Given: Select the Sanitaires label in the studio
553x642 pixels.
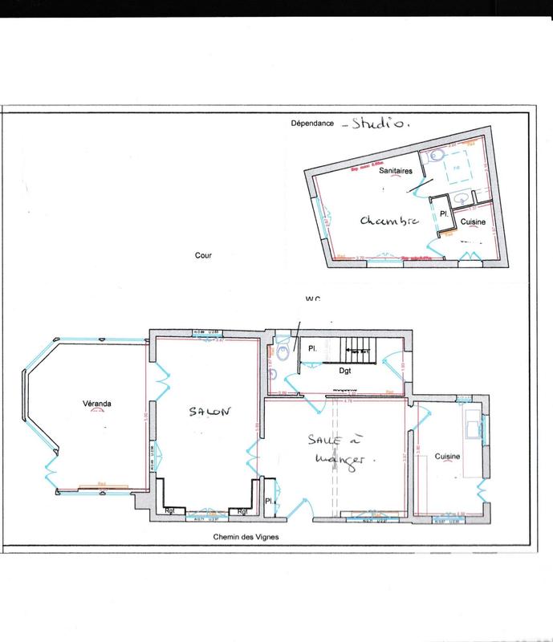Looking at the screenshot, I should (x=396, y=182).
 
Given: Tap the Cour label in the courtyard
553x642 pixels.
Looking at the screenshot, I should (x=202, y=258).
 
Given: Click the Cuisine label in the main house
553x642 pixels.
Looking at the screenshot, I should (x=447, y=456).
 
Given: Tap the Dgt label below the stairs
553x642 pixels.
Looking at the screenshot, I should (x=347, y=370).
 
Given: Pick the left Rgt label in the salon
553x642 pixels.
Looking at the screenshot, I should (x=170, y=510).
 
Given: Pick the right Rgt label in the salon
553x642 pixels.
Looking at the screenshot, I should (x=241, y=510).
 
